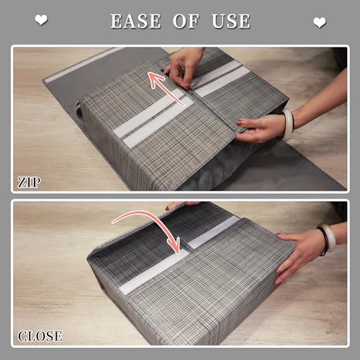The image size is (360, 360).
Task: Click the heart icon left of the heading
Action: point(41,21)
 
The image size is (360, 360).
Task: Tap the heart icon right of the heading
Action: point(319,22)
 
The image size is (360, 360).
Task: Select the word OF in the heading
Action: point(186,22)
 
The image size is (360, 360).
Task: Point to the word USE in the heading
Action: point(230,22)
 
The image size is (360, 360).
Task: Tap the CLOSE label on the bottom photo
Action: point(40,335)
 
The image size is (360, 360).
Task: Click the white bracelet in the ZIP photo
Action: point(288,124)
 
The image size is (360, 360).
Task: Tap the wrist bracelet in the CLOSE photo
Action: point(328,239)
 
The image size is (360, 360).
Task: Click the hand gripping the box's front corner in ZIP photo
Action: point(261,128)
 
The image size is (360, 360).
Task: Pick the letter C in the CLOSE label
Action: point(22,336)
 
